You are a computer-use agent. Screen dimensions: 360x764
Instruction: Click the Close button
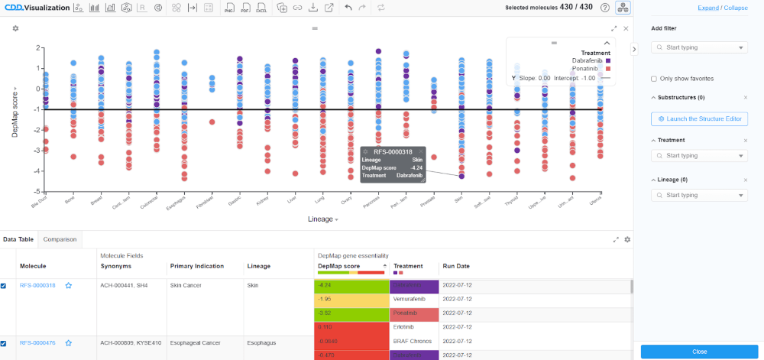click(699, 352)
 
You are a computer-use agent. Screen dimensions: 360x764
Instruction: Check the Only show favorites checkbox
click(654, 79)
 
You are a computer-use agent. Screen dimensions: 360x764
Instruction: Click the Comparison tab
click(60, 239)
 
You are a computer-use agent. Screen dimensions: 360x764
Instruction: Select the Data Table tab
click(18, 239)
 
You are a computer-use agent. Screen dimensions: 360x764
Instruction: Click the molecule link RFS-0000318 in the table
click(37, 285)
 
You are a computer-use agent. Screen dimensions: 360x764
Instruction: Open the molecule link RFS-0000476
click(37, 343)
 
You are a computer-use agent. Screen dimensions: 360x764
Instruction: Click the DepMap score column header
click(338, 266)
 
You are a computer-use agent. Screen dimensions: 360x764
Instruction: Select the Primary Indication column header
click(197, 266)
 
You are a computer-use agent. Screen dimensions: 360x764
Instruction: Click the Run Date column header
click(456, 266)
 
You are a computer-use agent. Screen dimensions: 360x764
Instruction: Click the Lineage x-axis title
click(320, 219)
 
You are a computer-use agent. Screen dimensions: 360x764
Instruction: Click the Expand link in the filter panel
click(708, 8)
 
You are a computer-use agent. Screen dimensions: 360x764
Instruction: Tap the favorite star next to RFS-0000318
click(68, 285)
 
